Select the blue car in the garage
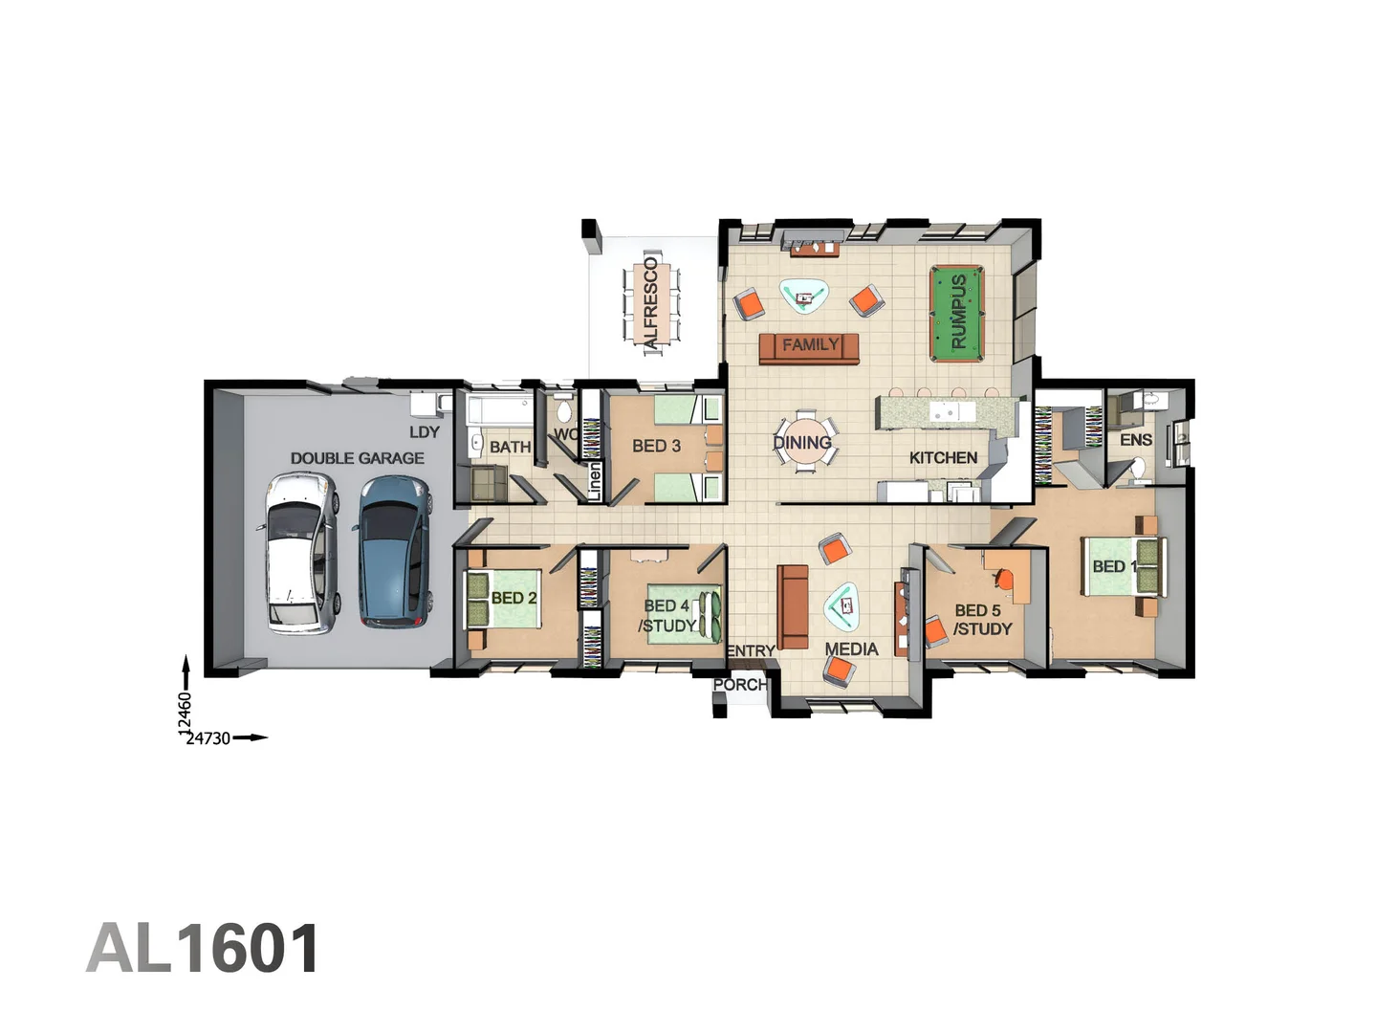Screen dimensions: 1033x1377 click(392, 551)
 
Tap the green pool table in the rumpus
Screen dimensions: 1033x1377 click(956, 313)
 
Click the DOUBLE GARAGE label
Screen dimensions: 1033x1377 click(357, 458)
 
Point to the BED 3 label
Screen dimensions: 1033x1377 click(656, 446)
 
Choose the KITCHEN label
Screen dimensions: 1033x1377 click(943, 457)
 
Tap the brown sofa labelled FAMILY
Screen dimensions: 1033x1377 click(809, 347)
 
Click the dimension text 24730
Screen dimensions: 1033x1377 click(208, 738)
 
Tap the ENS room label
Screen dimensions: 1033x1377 click(1135, 440)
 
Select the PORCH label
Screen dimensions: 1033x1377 click(739, 685)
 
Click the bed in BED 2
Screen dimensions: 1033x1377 click(501, 598)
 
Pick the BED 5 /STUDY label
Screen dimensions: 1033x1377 click(980, 619)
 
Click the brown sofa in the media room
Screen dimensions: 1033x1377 click(792, 606)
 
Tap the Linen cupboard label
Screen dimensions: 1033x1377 click(594, 481)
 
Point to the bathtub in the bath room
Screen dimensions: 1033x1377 click(499, 412)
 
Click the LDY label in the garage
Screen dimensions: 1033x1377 click(425, 431)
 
